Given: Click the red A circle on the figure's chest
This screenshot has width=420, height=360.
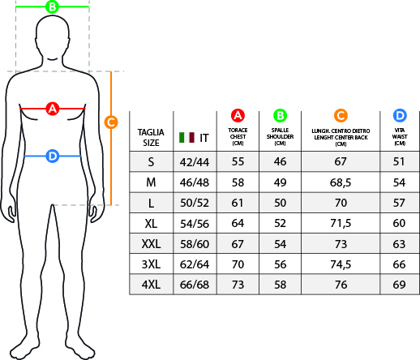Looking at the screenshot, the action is point(53,109).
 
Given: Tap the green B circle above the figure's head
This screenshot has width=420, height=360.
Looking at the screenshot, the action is point(52,6).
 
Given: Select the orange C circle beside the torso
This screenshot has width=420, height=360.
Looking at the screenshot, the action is point(111,122).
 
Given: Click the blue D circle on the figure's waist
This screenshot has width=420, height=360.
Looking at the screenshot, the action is point(53,156).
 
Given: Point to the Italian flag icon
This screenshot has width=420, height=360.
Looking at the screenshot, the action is point(186,138).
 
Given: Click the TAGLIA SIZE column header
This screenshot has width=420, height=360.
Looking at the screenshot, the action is point(151,137).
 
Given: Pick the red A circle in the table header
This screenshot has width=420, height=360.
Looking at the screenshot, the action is point(238,115).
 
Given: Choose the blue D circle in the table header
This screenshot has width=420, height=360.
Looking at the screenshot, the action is point(400,115).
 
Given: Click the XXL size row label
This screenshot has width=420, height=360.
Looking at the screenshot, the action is point(151,244).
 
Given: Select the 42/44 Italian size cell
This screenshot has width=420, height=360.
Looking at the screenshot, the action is point(195,162).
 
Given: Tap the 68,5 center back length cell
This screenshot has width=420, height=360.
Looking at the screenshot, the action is point(341,182).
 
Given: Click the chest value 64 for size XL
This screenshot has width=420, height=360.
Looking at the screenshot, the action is point(238,223).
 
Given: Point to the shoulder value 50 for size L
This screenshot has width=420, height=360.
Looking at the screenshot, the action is point(280,203).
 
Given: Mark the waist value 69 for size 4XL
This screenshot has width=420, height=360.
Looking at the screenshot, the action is point(400,285).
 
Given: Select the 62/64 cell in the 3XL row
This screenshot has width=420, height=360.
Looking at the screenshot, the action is point(195,264).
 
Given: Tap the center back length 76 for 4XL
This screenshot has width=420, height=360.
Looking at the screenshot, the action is point(341,285).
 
